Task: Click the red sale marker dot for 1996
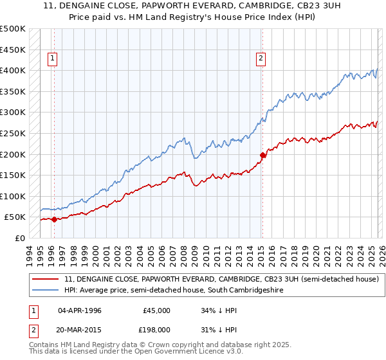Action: pos(54,219)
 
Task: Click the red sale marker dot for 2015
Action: pos(262,155)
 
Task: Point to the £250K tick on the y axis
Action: pos(13,133)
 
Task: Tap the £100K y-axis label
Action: pos(13,196)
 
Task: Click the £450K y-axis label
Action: pos(13,50)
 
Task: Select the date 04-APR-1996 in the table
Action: pos(79,310)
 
